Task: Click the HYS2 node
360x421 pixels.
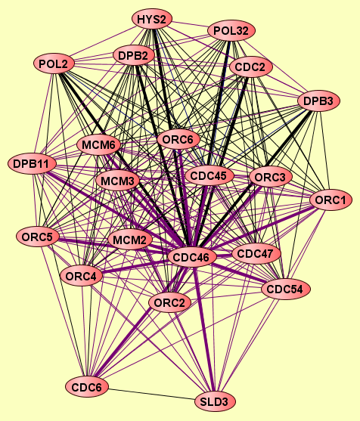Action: click(152, 19)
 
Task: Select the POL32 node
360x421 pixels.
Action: click(231, 31)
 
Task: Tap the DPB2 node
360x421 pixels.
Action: click(134, 56)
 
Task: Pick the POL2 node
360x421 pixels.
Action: click(54, 63)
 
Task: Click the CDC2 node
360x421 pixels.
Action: click(250, 67)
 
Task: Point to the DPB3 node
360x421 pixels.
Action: click(319, 101)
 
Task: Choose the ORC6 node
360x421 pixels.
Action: click(178, 140)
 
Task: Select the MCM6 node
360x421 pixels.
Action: click(98, 145)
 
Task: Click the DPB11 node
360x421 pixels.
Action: click(32, 163)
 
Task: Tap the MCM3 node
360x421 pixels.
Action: click(117, 181)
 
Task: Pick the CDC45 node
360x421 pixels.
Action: click(209, 176)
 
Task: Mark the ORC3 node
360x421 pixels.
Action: click(270, 177)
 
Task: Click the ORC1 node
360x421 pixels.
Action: click(331, 200)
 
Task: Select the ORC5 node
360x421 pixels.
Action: click(37, 237)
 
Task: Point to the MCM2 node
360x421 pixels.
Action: click(130, 240)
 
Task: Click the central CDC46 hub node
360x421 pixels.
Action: click(192, 257)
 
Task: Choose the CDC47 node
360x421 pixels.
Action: click(256, 253)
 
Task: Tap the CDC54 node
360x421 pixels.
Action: click(286, 289)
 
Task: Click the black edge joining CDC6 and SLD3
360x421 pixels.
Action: click(151, 394)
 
